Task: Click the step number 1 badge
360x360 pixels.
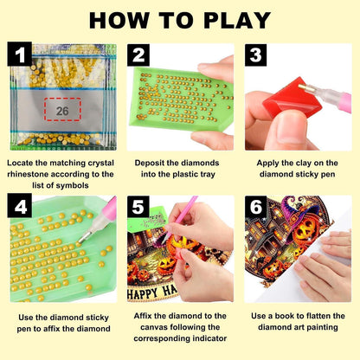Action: pyautogui.click(x=20, y=54)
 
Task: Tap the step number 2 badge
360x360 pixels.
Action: pyautogui.click(x=138, y=55)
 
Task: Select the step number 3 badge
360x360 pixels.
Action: pyautogui.click(x=256, y=55)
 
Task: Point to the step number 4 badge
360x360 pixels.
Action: pyautogui.click(x=20, y=206)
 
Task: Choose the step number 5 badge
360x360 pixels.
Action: pyautogui.click(x=138, y=207)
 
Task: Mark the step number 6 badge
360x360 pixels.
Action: pyautogui.click(x=256, y=207)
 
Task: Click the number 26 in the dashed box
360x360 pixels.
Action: pyautogui.click(x=62, y=111)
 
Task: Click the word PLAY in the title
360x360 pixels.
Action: pyautogui.click(x=237, y=21)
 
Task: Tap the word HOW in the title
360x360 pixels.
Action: pyautogui.click(x=119, y=21)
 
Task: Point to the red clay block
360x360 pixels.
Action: pyautogui.click(x=288, y=98)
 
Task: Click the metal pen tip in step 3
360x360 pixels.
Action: pyautogui.click(x=304, y=88)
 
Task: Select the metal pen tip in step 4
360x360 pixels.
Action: pyautogui.click(x=83, y=238)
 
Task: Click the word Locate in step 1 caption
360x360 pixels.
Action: pyautogui.click(x=20, y=163)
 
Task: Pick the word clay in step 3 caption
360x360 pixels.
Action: pyautogui.click(x=304, y=164)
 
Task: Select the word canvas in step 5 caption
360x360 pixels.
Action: pyautogui.click(x=154, y=327)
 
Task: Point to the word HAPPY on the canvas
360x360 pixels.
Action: pyautogui.click(x=143, y=293)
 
